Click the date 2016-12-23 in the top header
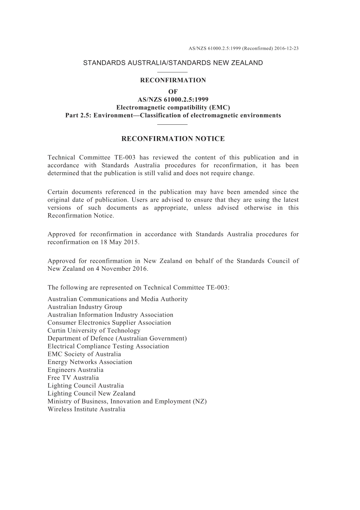pos(286,49)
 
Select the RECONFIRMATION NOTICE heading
pos(173,139)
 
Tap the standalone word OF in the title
pos(173,92)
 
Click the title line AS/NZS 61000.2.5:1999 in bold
pos(173,100)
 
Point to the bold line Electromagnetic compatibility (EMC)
pos(173,107)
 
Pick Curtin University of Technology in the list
pos(94,331)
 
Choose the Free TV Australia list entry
pos(73,378)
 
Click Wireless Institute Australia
pos(86,409)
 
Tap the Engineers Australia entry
pos(75,370)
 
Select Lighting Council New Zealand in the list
pos(91,394)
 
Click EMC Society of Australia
pos(84,354)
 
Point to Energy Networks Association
pos(90,362)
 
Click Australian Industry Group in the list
pos(85,307)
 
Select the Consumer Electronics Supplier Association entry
pos(109,323)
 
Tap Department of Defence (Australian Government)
pos(117,338)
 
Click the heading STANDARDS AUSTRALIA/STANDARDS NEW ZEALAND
pos(173,63)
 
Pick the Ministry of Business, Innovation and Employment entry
pos(127,401)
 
